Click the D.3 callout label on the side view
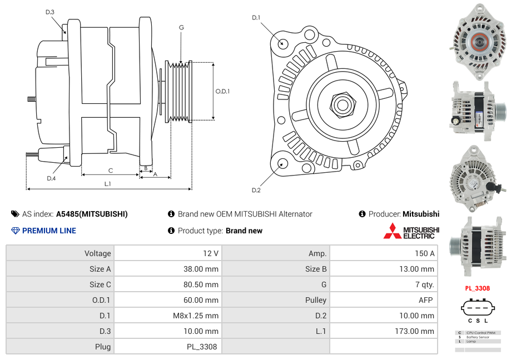[50, 12]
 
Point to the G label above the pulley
[181, 27]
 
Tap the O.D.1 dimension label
[222, 91]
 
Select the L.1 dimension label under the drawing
[108, 183]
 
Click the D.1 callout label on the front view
[256, 18]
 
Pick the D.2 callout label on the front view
[256, 191]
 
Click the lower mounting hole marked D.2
[282, 163]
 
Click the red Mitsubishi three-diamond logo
[392, 231]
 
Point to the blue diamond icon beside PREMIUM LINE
[15, 231]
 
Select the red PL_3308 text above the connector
[477, 288]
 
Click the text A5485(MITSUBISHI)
[92, 214]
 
